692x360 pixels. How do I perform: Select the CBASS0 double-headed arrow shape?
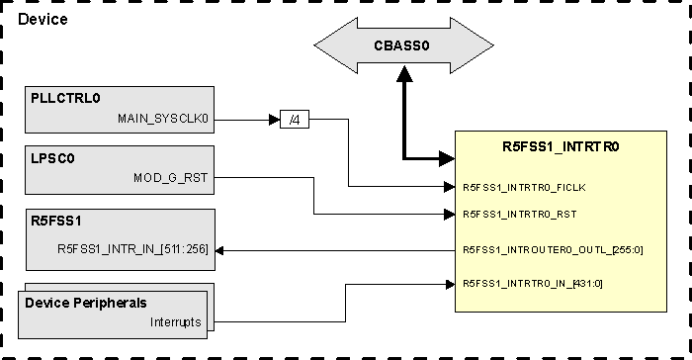403,45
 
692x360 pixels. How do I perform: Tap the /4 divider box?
294,121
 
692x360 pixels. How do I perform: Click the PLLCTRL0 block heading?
65,99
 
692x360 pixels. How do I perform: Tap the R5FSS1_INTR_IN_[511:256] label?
133,249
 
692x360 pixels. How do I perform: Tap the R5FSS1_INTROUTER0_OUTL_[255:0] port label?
553,249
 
